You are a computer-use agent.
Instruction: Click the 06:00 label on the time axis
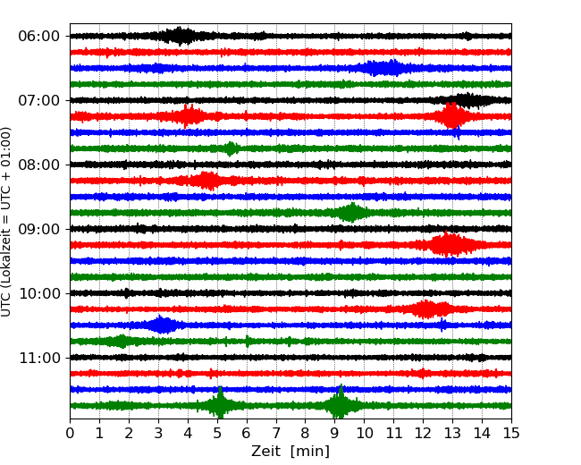tap(38, 36)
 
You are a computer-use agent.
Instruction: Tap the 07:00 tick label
tap(38, 100)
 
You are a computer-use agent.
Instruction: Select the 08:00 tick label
tap(38, 165)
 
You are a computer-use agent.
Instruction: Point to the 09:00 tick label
tap(38, 229)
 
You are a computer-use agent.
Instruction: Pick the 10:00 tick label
tap(38, 293)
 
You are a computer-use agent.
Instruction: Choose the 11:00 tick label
tap(38, 358)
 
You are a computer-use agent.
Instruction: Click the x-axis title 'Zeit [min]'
tap(290, 452)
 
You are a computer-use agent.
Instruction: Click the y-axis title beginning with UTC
tap(7, 221)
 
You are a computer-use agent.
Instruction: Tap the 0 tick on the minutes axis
tap(71, 434)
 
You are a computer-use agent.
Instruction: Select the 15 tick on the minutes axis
tap(510, 434)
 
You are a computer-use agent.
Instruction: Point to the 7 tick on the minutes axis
tap(275, 434)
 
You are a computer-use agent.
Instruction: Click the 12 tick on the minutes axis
tap(423, 434)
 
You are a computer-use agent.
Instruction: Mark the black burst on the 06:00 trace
tap(181, 36)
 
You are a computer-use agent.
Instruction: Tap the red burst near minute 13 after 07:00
tap(452, 116)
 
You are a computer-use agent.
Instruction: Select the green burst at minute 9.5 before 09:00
tap(351, 213)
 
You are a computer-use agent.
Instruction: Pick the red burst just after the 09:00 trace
tap(449, 245)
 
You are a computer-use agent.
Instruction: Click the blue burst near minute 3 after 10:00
tap(162, 325)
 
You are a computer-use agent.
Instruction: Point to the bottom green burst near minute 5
tap(220, 406)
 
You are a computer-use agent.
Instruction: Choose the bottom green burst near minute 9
tap(340, 406)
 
